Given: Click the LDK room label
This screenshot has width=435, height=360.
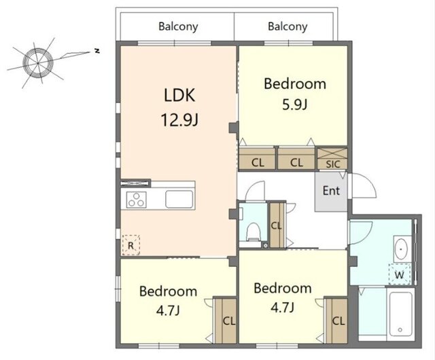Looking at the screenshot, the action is tap(179, 95).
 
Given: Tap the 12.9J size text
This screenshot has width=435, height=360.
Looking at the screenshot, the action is tap(179, 120).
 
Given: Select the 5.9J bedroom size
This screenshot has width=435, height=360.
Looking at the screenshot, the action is tap(294, 105).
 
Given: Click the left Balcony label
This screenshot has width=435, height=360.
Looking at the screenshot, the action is tap(178, 26).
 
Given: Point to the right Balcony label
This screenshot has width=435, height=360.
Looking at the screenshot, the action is tap(288, 26).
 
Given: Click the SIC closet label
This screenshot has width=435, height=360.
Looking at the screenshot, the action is tap(332, 164).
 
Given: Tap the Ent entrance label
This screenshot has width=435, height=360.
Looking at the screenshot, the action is tap(331, 191).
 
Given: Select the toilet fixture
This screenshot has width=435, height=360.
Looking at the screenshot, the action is tap(253, 232).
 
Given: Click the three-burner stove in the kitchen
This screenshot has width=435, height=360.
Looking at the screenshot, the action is tap(136, 200).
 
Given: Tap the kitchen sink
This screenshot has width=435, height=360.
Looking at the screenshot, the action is tap(179, 199).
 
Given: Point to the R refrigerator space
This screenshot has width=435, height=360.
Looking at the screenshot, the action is tap(130, 245).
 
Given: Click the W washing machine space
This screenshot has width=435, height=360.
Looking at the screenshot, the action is tap(400, 274).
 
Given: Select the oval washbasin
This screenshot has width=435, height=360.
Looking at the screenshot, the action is tap(401, 249).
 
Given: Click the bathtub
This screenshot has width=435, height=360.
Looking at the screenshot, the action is tap(400, 314).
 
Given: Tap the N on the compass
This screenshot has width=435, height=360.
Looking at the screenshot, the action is tap(97, 51).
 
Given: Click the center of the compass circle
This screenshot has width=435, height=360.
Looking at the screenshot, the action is tap(38, 63).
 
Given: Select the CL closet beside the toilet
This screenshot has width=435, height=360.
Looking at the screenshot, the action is tap(277, 226).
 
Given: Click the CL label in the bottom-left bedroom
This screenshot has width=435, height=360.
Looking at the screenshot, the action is tap(229, 321).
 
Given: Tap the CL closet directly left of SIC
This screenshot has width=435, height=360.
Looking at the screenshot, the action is tap(296, 158).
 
